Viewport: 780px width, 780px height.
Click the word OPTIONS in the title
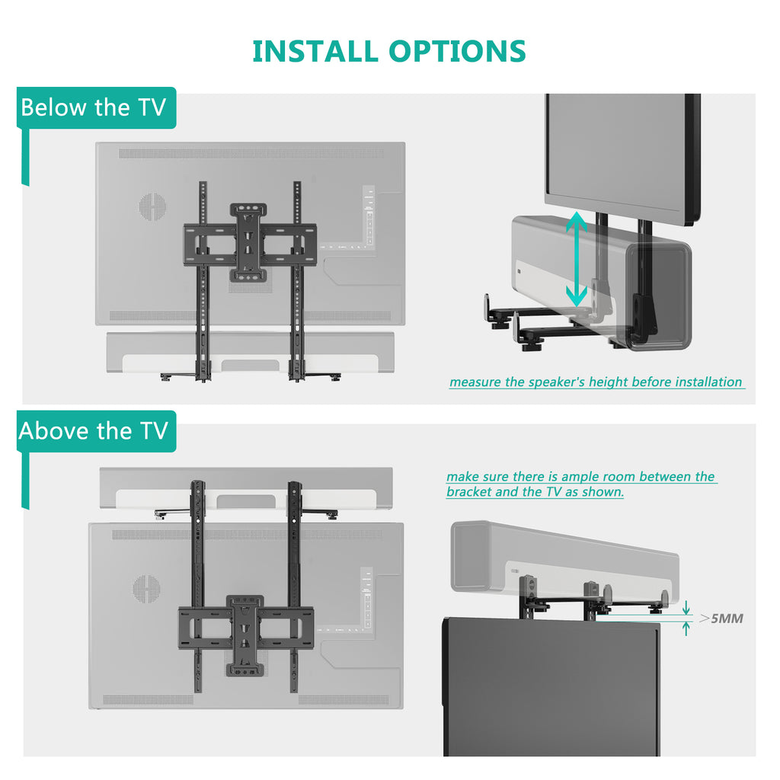click(x=457, y=51)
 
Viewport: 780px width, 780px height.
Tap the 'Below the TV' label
click(x=93, y=107)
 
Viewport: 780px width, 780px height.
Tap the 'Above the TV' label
click(x=93, y=431)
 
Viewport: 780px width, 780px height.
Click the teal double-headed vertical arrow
click(x=577, y=260)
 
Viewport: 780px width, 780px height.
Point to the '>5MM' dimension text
click(x=721, y=618)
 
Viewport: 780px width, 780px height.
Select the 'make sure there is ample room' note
click(x=580, y=484)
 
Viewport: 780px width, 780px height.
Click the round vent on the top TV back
click(x=152, y=206)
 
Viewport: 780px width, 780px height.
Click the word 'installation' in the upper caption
click(x=705, y=382)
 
